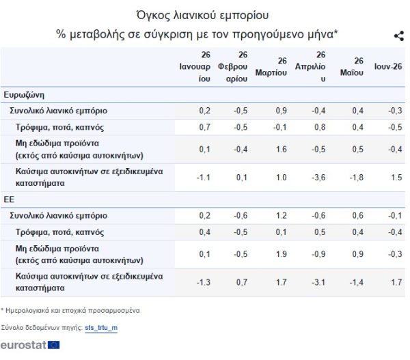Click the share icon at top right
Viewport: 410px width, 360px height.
[x=399, y=36]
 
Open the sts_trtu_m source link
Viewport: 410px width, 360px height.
[x=101, y=328]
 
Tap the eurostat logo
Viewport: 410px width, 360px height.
[x=30, y=345]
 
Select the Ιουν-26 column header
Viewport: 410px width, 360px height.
[x=388, y=67]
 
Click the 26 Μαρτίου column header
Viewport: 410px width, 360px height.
[x=271, y=67]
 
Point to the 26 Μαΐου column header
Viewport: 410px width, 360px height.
[x=352, y=67]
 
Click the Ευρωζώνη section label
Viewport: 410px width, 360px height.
[x=24, y=95]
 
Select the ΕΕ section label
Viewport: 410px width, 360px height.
[x=9, y=199]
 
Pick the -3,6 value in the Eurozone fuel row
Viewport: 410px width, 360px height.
[x=318, y=178]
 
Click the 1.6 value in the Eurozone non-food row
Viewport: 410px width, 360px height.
[x=282, y=150]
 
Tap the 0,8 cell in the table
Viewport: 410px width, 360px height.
[x=320, y=127]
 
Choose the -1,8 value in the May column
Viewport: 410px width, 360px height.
[x=357, y=178]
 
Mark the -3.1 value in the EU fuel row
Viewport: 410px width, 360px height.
[x=318, y=282]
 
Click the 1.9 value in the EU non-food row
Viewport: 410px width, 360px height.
[x=282, y=254]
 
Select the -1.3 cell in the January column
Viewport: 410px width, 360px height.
[x=204, y=282]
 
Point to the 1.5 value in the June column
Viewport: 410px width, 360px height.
[x=396, y=178]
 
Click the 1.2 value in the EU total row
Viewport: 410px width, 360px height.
[x=282, y=216]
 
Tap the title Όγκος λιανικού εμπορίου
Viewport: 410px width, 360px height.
[x=203, y=15]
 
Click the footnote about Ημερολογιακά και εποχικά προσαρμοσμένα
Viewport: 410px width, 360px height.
[x=70, y=311]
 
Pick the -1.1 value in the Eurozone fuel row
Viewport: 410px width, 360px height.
[x=204, y=178]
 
